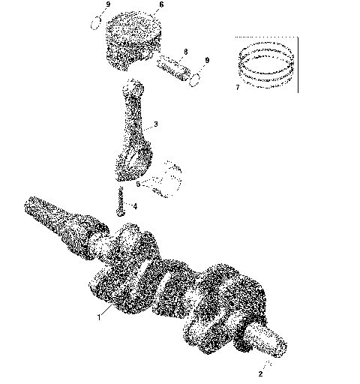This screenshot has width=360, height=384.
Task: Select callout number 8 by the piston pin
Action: click(185, 51)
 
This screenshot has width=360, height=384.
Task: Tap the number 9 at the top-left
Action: click(108, 4)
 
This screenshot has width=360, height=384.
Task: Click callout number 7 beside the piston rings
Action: click(237, 86)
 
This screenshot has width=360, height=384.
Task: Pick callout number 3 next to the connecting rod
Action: click(155, 124)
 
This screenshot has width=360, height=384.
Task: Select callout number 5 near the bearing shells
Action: click(137, 183)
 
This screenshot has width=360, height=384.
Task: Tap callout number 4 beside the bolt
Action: click(135, 205)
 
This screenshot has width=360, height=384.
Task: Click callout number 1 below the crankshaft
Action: click(97, 317)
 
